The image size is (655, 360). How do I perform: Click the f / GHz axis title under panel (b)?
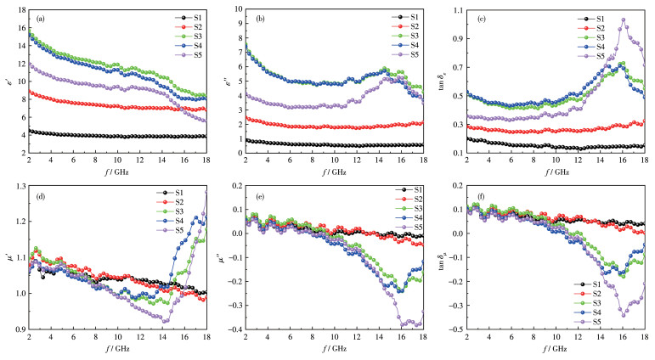click(x=334, y=170)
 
